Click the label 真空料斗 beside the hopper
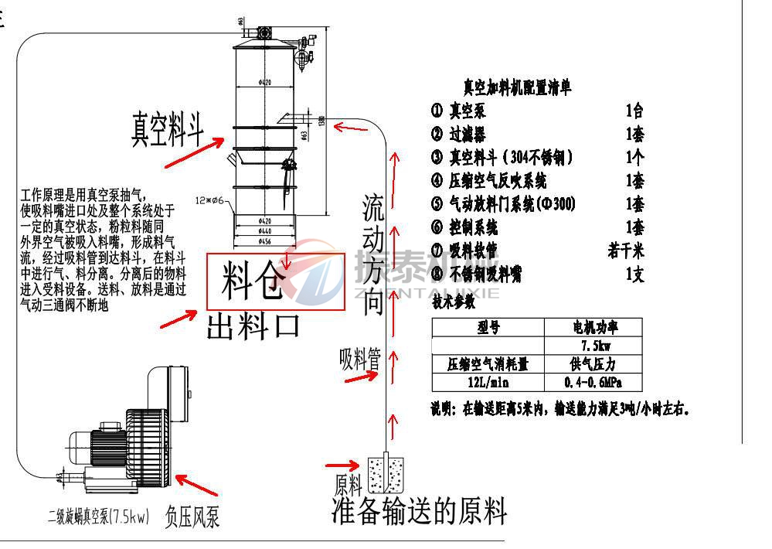(168, 128)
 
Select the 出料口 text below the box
(253, 326)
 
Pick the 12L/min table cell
(488, 382)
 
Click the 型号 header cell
(488, 327)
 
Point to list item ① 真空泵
(459, 111)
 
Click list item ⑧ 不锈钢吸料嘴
(487, 274)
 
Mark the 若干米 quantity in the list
(626, 251)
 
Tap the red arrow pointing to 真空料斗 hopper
(194, 155)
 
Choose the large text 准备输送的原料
(420, 510)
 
